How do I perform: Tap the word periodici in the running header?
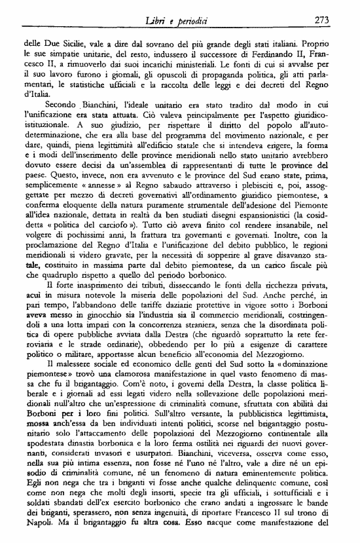click(x=198, y=20)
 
